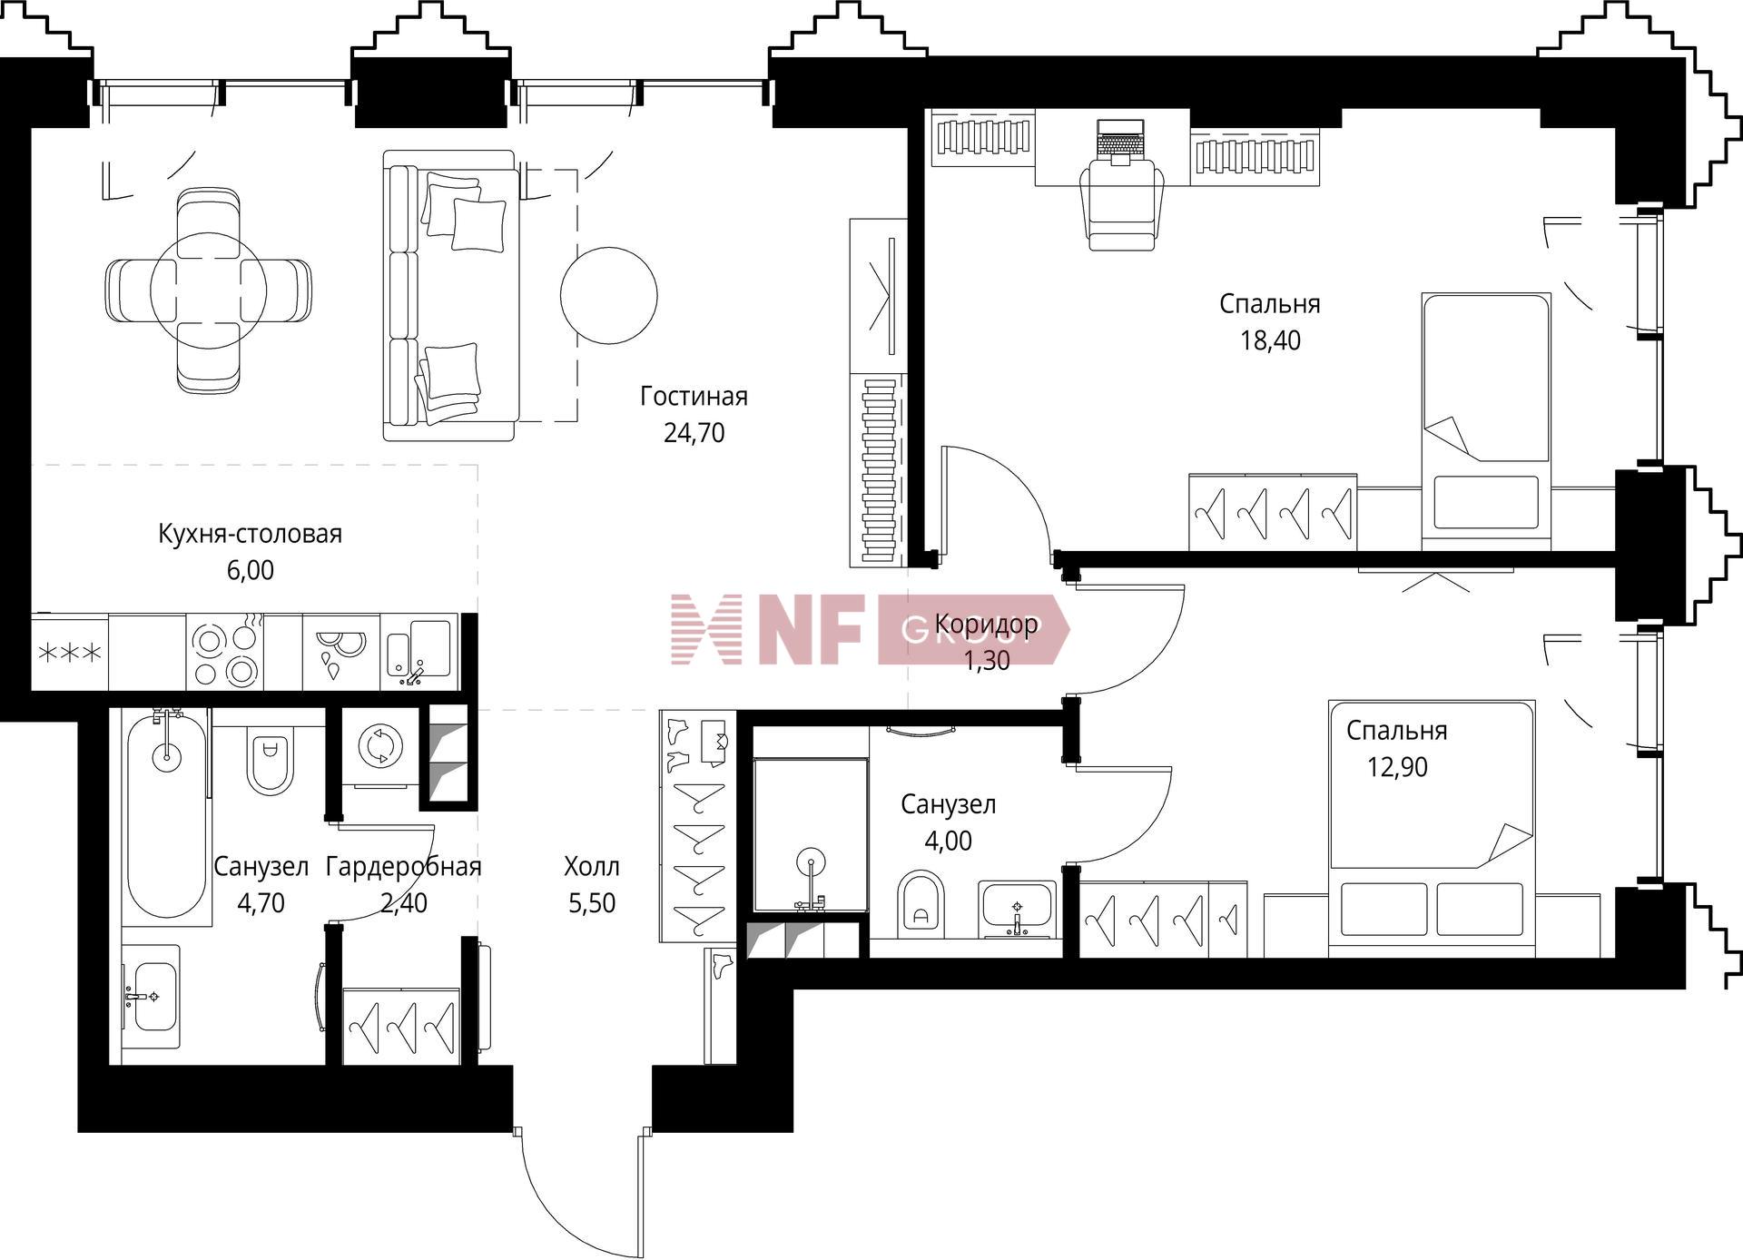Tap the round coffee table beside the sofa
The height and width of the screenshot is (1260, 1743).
tap(608, 295)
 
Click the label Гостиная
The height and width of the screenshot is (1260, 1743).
tap(694, 397)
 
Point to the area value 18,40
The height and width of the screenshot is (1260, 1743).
tap(1270, 340)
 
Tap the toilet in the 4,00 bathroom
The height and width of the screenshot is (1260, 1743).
tap(921, 904)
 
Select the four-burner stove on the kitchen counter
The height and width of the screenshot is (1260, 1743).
tap(224, 652)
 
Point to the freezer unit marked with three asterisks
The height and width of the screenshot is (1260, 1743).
tap(70, 652)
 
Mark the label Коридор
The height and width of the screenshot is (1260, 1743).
tap(987, 625)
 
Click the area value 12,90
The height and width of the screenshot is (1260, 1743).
tap(1397, 767)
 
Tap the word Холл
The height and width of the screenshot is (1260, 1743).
tap(592, 867)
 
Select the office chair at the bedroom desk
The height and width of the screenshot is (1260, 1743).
tap(1122, 205)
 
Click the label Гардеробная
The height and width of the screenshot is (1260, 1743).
tap(403, 867)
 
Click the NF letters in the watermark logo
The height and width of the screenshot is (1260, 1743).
tap(812, 629)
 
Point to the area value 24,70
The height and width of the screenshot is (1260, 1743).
tap(694, 433)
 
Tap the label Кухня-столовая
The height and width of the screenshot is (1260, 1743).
tap(251, 534)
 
